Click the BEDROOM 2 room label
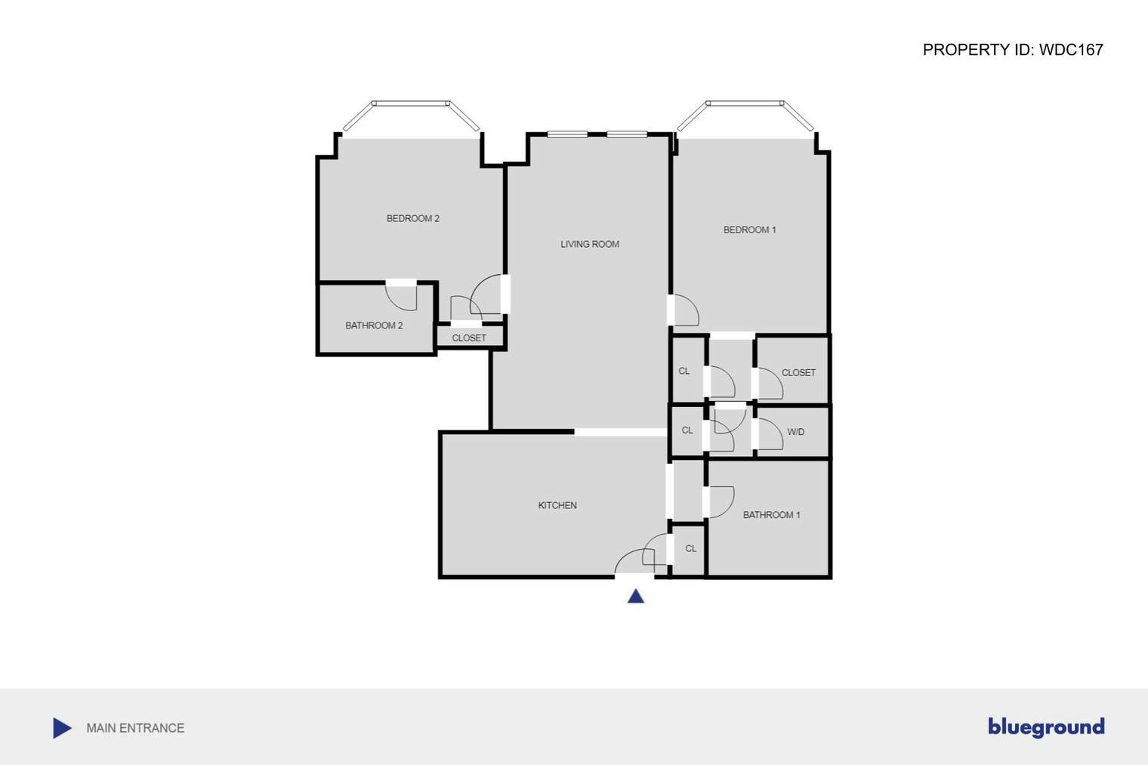[x=412, y=219]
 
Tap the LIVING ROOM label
[x=589, y=245]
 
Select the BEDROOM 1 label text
[x=749, y=230]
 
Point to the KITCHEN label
[x=557, y=506]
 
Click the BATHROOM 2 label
[x=374, y=326]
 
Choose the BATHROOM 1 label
[x=771, y=515]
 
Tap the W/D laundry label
[x=795, y=433]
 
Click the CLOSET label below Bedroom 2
[x=469, y=338]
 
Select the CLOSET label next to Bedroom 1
[x=798, y=373]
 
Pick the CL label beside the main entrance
[x=690, y=549]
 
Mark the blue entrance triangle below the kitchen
[x=636, y=597]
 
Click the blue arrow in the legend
[x=62, y=728]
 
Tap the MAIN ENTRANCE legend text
[x=135, y=728]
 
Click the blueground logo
[x=1046, y=727]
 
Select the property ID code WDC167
[x=1071, y=50]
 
